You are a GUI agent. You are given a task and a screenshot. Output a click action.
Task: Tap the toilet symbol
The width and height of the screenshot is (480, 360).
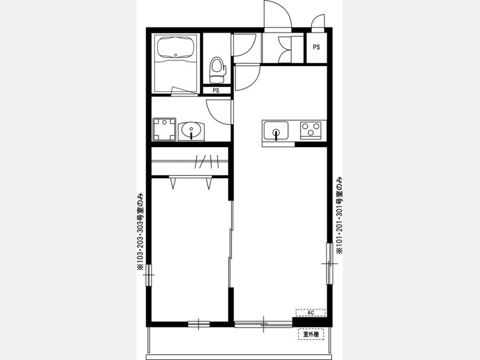pyautogui.click(x=217, y=70)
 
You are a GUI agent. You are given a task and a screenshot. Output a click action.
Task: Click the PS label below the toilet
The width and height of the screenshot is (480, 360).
pyautogui.click(x=216, y=91)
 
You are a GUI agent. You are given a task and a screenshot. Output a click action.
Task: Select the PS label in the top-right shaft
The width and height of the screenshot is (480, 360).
pyautogui.click(x=316, y=47)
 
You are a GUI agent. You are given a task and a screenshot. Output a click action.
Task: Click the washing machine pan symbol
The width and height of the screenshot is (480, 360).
pyautogui.click(x=164, y=130)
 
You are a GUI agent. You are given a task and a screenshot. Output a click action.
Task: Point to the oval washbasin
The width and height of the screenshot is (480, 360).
pyautogui.click(x=191, y=131)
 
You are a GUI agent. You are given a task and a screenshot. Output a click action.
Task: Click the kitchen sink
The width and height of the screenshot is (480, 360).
pyautogui.click(x=276, y=131)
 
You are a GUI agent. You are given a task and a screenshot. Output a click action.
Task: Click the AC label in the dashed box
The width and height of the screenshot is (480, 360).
pyautogui.click(x=311, y=313)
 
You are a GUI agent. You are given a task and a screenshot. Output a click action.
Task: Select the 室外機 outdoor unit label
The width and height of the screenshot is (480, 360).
pyautogui.click(x=311, y=334)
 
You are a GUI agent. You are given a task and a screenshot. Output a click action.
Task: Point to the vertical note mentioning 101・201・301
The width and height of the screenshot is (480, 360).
pyautogui.click(x=339, y=215)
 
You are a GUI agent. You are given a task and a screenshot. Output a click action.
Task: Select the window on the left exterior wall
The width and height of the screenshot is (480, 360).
pyautogui.click(x=149, y=275)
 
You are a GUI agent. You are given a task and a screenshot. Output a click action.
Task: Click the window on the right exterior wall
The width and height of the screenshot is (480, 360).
pyautogui.click(x=330, y=263)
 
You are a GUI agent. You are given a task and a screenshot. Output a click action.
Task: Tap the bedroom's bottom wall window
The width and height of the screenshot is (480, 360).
pyautogui.click(x=199, y=324)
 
